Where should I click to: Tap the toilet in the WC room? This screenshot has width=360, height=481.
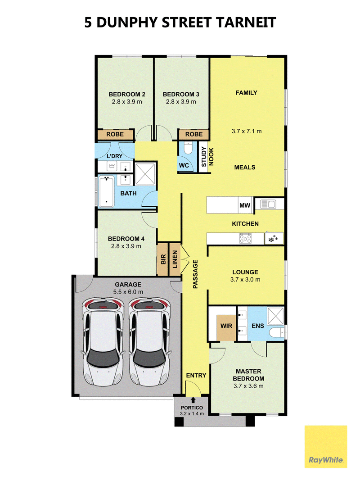[x=188, y=148]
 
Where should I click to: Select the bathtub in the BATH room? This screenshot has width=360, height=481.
[x=106, y=191]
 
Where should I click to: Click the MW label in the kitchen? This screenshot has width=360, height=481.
[x=245, y=205]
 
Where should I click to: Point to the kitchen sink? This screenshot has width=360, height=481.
[x=268, y=204]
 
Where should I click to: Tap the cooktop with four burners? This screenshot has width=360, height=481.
[x=245, y=238]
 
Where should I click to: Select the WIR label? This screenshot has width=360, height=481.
[x=226, y=326]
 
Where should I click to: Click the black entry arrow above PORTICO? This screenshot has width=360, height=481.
[x=193, y=400]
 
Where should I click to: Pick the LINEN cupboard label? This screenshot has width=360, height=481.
[x=175, y=259]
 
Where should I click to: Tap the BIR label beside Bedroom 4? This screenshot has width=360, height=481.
[x=163, y=259]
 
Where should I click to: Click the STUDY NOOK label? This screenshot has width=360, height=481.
[x=207, y=157]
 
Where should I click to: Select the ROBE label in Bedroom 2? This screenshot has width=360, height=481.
[x=115, y=134]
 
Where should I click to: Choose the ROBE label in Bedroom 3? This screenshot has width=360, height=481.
[x=194, y=134]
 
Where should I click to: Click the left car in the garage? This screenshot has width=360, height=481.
[x=103, y=341]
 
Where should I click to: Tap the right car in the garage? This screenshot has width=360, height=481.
[x=149, y=341]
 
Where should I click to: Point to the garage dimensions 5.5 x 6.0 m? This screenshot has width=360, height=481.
[x=128, y=292]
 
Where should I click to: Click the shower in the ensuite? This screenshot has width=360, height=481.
[x=275, y=315]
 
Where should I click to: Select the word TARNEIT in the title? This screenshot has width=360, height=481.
[x=246, y=23]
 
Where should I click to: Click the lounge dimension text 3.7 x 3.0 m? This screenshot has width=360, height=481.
[x=245, y=280]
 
